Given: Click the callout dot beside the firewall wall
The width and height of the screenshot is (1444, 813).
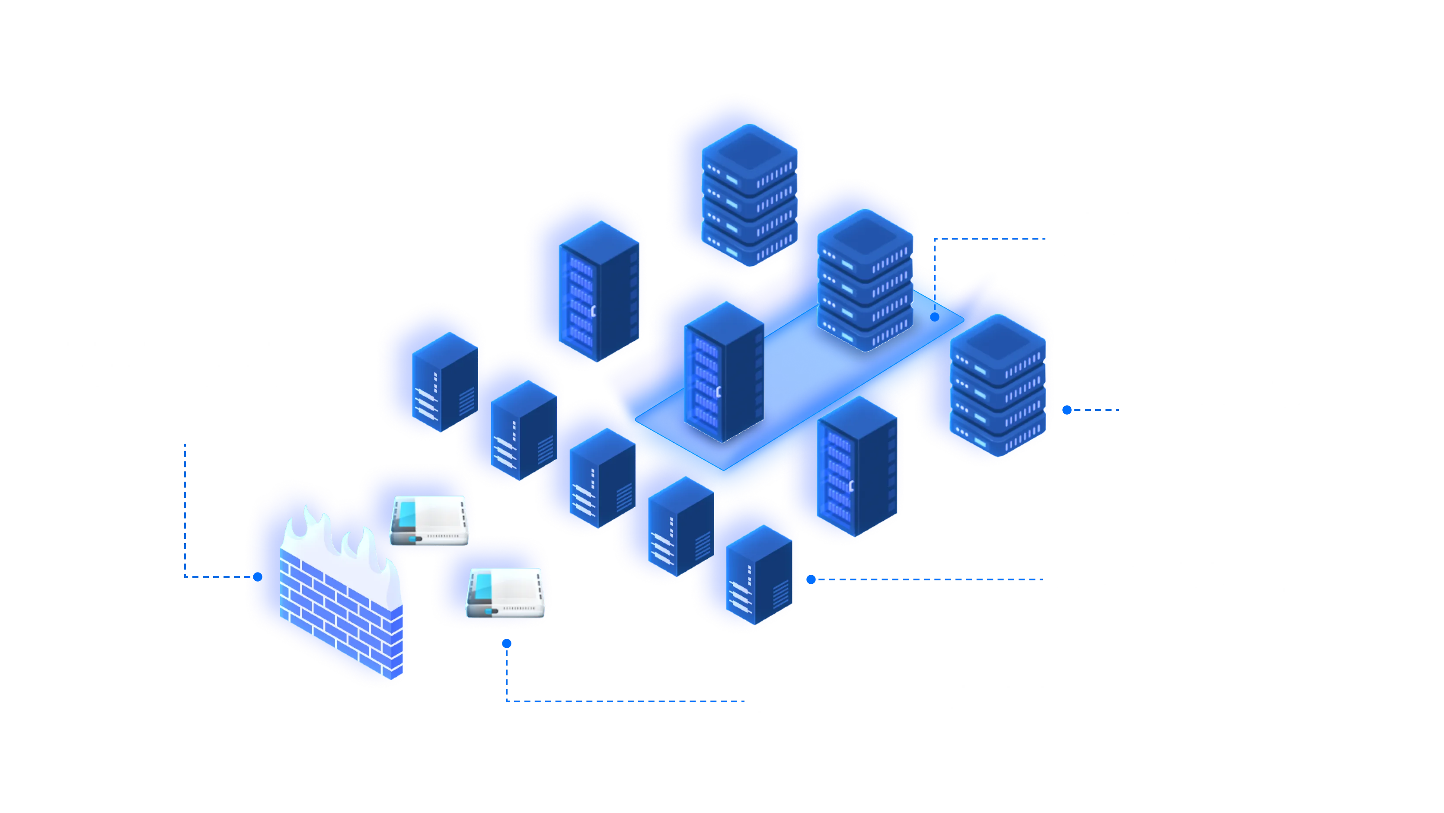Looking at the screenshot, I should pyautogui.click(x=258, y=576).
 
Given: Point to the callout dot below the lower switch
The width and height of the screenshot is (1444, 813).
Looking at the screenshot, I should pyautogui.click(x=507, y=643).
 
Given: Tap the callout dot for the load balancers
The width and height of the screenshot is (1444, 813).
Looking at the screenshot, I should pyautogui.click(x=811, y=579).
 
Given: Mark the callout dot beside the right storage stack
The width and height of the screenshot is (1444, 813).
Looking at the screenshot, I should pyautogui.click(x=1067, y=410).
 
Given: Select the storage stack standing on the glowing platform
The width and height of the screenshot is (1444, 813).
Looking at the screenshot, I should pyautogui.click(x=865, y=280).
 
